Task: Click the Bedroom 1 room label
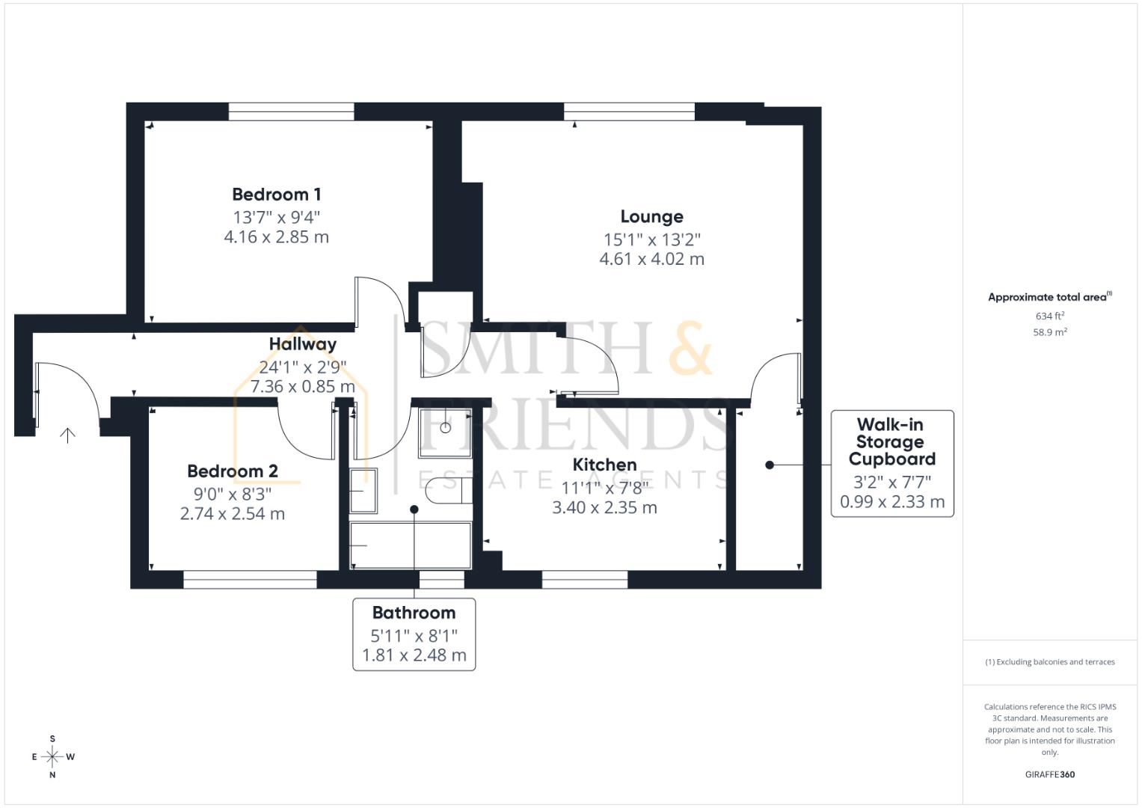pos(276,195)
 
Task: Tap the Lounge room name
pos(651,217)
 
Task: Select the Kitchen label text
pos(604,465)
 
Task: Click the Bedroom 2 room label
pos(232,471)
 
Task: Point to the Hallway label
pos(302,344)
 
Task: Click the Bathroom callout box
pos(414,634)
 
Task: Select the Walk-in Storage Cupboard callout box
pos(891,463)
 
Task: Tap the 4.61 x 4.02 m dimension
pos(651,260)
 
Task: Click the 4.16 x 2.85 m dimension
pos(276,237)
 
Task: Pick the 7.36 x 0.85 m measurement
pos(302,387)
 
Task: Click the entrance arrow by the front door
pos(67,435)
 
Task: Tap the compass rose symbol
pos(52,757)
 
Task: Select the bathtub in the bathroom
pos(410,546)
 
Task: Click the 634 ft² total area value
pos(1049,316)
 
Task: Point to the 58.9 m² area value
pos(1049,332)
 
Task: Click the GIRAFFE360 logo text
pos(1049,774)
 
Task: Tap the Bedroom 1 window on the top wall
pos(291,111)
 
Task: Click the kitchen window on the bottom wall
pos(584,580)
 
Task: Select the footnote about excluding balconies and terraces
pos(1049,662)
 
